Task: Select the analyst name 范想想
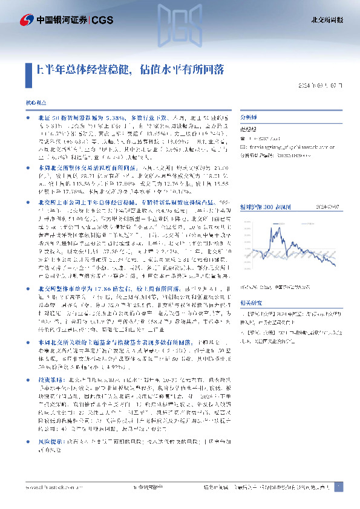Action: [x=249, y=128]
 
